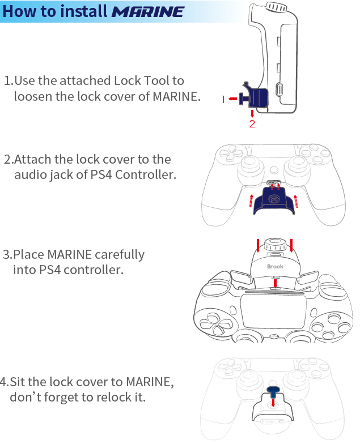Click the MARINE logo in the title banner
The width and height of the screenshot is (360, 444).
point(148,11)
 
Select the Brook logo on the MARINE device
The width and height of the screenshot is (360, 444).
point(275,267)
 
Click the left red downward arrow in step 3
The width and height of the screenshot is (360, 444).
point(258,245)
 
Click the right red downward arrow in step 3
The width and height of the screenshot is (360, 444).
point(291,245)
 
